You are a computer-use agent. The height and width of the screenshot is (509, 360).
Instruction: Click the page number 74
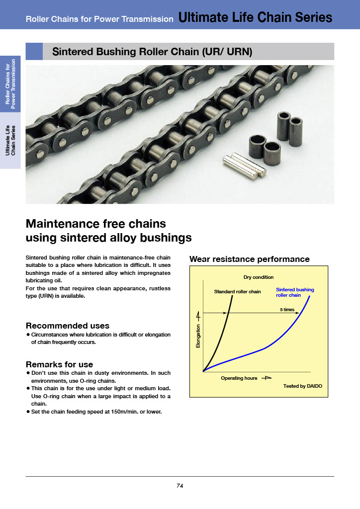click(180, 486)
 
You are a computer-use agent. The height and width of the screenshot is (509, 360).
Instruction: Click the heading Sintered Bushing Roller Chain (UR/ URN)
click(153, 52)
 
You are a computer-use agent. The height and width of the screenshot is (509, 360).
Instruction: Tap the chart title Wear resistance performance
click(250, 259)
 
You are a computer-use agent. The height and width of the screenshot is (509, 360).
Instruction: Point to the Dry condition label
click(259, 277)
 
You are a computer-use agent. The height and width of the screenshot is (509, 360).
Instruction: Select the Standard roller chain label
click(237, 291)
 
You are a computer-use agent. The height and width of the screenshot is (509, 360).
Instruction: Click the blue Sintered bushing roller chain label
click(295, 292)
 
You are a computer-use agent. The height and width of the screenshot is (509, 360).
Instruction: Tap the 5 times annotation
click(287, 309)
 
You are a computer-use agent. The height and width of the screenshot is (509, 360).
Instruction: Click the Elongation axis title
click(198, 336)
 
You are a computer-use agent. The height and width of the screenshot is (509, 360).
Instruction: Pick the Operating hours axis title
click(239, 378)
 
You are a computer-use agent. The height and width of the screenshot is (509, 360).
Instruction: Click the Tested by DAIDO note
click(303, 386)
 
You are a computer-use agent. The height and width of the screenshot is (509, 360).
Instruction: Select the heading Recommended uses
click(67, 326)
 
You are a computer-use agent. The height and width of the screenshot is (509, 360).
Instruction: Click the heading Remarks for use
click(59, 364)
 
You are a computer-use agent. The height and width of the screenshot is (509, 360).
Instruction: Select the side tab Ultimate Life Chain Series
click(10, 141)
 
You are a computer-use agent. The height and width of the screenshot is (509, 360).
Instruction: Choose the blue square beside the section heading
click(34, 51)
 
